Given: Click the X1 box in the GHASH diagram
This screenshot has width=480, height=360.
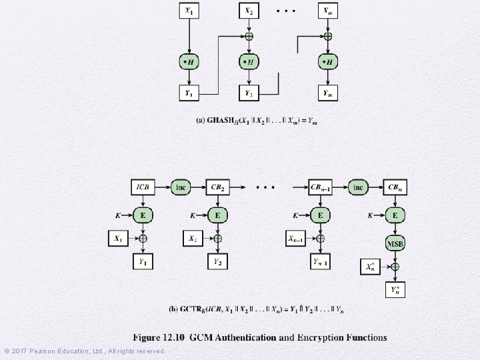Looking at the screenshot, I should (189, 11).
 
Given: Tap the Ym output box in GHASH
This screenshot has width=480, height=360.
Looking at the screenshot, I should (327, 93).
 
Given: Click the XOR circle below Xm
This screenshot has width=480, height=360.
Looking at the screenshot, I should (327, 37).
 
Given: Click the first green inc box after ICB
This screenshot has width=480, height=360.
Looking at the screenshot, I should (180, 187).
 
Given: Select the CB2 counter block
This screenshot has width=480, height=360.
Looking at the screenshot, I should (217, 187).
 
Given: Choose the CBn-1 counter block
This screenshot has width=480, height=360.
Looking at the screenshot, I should (320, 187).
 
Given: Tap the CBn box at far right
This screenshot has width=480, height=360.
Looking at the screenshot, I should (395, 187).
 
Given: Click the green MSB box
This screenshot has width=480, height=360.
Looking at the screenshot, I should (395, 243).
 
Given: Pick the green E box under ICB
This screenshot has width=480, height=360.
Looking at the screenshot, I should (142, 215).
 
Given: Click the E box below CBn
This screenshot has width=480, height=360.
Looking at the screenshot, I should (395, 215).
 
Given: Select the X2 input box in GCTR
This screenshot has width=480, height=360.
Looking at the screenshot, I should (192, 238).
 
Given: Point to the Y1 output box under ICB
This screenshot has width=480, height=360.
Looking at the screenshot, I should (142, 263).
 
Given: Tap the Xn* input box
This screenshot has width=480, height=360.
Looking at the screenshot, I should (371, 267).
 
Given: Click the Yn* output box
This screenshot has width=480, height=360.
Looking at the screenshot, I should (395, 289).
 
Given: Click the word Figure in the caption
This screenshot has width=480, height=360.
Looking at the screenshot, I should (150, 337).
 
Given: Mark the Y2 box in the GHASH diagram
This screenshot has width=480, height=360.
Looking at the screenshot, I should (249, 93).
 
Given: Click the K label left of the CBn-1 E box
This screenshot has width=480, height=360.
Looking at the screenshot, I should (296, 215).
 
